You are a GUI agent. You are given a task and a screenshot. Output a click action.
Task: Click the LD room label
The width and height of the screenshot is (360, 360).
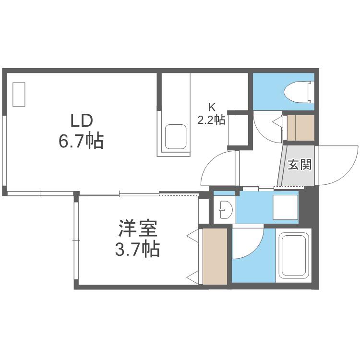pyautogui.click(x=82, y=121)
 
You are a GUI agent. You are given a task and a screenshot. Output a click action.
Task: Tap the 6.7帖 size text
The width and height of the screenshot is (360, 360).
pyautogui.click(x=81, y=141)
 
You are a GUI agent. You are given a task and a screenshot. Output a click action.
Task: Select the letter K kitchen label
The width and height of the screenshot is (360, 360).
pyautogui.click(x=212, y=107)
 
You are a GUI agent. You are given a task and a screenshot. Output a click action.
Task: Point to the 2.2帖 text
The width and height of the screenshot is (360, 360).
pyautogui.click(x=211, y=120)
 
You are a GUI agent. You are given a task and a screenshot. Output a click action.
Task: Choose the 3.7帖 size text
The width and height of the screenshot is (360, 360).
pyautogui.click(x=137, y=249)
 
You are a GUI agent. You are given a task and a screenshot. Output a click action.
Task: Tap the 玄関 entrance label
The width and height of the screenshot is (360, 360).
pyautogui.click(x=300, y=164)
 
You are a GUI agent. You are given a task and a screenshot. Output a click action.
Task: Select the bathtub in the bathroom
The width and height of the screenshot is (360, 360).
pyautogui.click(x=293, y=255)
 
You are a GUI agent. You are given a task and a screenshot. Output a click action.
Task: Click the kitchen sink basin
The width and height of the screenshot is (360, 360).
pyautogui.click(x=175, y=137)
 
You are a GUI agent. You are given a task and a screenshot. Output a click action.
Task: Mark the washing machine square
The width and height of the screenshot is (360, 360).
pyautogui.click(x=285, y=207)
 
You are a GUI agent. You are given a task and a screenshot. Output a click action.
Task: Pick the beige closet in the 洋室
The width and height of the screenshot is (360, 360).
pyautogui.click(x=215, y=256)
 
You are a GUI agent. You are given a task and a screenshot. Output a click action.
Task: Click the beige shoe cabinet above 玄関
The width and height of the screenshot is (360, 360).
pyautogui.click(x=300, y=128)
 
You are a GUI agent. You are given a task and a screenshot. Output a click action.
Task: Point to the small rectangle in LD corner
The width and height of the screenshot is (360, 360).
pyautogui.click(x=19, y=95)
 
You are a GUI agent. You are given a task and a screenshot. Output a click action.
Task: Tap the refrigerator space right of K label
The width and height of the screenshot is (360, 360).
pyautogui.click(x=238, y=130)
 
